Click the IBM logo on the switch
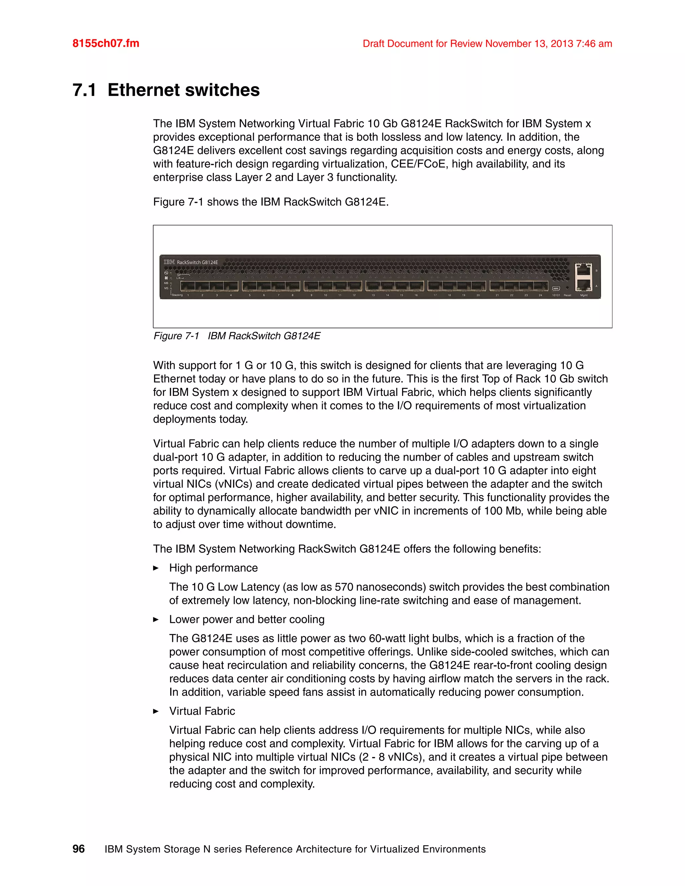(169, 262)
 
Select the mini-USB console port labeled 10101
(556, 289)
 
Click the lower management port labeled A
(584, 285)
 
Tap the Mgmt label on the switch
(584, 295)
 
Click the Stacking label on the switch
(177, 295)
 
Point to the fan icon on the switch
(166, 278)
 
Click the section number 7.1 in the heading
(84, 90)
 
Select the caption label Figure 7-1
(176, 336)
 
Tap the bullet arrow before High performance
(156, 568)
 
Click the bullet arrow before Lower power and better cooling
(156, 620)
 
